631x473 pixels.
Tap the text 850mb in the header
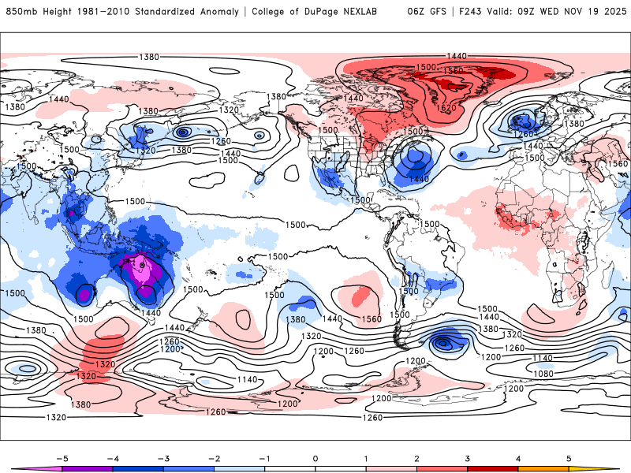[21, 12]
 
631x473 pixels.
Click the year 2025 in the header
[611, 12]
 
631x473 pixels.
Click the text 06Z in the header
[416, 12]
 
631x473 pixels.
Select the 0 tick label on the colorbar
[315, 457]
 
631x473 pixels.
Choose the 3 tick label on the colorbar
[468, 457]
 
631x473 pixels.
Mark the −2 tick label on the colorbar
[213, 457]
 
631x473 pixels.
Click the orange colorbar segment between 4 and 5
[544, 468]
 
